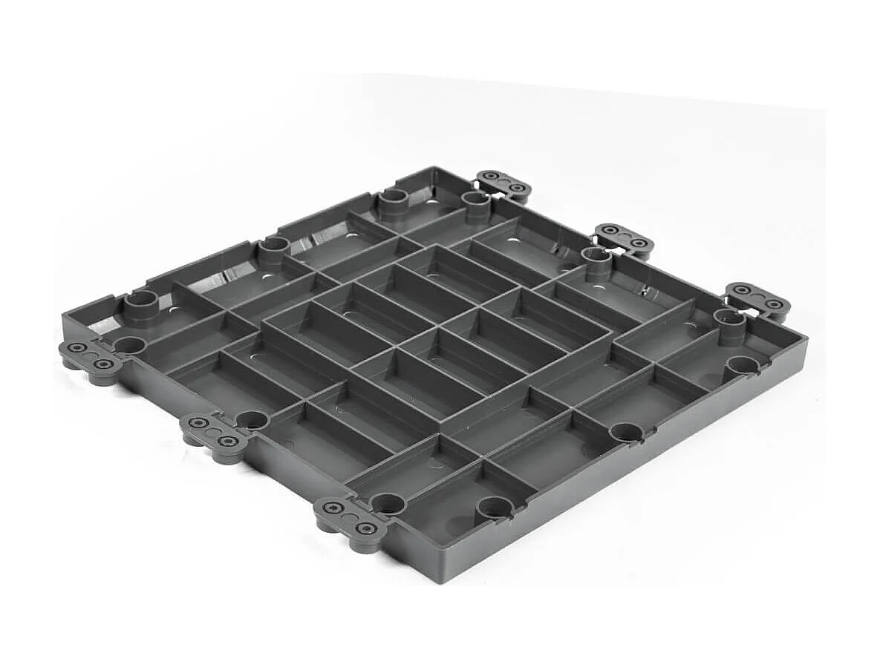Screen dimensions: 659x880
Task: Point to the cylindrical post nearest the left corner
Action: click(141, 305)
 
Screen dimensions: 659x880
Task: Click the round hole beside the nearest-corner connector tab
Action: click(388, 503)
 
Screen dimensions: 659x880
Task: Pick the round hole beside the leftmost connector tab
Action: click(130, 345)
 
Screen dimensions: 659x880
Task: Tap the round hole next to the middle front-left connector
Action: click(252, 420)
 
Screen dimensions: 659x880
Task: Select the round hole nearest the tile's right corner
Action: click(743, 364)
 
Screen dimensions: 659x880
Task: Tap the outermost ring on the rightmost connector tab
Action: click(775, 304)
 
